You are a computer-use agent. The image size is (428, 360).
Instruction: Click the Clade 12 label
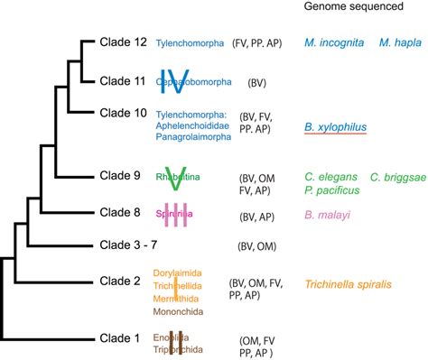coord(120,42)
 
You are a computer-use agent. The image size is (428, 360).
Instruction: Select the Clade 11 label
coord(120,80)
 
